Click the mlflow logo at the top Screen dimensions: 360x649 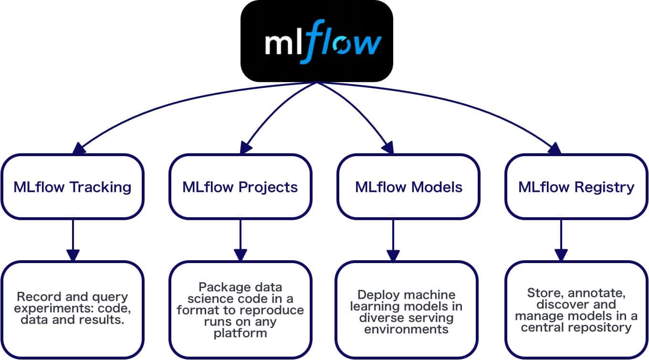coord(316,41)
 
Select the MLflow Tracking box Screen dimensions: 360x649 coord(72,186)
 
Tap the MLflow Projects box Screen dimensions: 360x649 coord(240,186)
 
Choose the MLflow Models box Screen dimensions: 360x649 coord(408,186)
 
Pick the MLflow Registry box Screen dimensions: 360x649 coord(576,186)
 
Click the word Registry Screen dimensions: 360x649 coord(605,187)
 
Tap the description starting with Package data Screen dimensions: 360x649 coord(240,310)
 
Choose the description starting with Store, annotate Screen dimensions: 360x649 coord(576,309)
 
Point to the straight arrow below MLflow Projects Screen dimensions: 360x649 coord(240,239)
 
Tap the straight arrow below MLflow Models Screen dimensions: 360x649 coord(393,239)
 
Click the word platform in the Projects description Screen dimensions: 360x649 coord(240,333)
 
